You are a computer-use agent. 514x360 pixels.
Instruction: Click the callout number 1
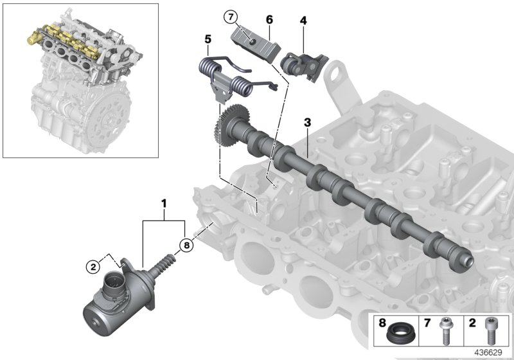coord(164,204)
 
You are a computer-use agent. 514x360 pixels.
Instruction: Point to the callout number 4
coord(303,21)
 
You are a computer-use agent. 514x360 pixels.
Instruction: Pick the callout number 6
coord(269,21)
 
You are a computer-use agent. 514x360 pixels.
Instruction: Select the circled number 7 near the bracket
coord(231,15)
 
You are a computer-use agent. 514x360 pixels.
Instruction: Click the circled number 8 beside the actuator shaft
coord(185,244)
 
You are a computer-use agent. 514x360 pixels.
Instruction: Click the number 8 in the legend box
coord(383,319)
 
